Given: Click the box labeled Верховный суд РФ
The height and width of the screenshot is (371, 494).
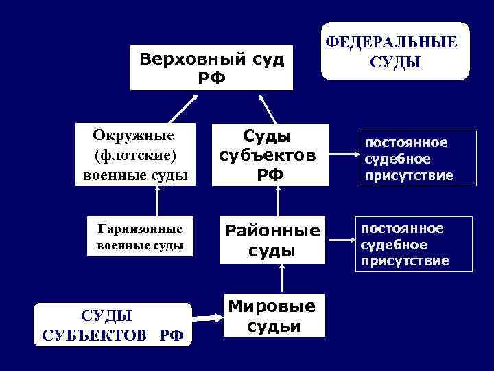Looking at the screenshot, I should coord(211,67).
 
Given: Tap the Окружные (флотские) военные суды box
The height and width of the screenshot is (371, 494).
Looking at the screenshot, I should coord(135,155).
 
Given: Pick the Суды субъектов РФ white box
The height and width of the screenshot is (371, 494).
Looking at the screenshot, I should coord(269,155).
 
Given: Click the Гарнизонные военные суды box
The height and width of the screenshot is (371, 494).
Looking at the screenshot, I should coord(141,237).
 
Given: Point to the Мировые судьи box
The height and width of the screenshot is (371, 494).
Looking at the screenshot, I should coord(272,317).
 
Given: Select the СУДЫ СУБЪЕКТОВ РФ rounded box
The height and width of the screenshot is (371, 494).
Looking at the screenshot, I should coord(113,325).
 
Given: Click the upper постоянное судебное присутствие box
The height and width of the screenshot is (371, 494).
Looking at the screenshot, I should coord(408,159).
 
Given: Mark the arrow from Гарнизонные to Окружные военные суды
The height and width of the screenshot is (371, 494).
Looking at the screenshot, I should coord(157,203).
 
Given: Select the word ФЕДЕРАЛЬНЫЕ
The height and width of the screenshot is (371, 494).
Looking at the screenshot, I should coord(392,42).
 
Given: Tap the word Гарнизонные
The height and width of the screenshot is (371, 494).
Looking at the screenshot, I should coord(141,228).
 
